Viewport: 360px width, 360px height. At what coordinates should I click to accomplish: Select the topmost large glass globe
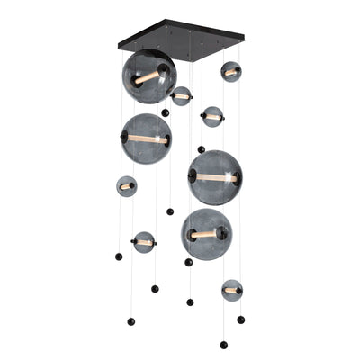tap(148, 76)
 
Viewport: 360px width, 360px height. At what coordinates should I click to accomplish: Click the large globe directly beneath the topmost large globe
tap(146, 139)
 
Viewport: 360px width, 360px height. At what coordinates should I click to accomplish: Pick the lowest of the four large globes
tap(206, 234)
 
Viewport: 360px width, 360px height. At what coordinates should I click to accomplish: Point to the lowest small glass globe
tap(231, 290)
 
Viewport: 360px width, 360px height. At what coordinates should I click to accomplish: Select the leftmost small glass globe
tap(126, 186)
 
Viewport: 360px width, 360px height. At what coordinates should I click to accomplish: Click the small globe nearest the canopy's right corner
tap(231, 71)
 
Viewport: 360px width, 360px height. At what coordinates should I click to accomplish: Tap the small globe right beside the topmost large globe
tap(182, 95)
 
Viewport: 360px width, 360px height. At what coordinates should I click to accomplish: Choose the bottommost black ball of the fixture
tap(223, 345)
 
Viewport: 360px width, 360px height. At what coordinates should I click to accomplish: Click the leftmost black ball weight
tap(119, 256)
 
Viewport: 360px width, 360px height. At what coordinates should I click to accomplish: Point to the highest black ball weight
tap(165, 112)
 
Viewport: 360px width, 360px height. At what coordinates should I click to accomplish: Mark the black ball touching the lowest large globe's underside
tap(188, 262)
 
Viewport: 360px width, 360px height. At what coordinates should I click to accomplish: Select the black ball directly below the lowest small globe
tap(240, 319)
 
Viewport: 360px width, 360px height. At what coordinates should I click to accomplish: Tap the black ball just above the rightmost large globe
tap(201, 149)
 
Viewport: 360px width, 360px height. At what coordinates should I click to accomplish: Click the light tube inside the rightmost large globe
tap(214, 177)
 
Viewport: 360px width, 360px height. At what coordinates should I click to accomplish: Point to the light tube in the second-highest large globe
tap(146, 139)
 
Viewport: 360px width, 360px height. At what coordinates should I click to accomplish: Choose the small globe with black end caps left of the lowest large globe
tap(144, 241)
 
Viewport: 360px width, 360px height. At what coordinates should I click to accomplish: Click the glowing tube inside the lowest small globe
tap(231, 290)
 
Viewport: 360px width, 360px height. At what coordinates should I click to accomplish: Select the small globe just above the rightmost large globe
tap(212, 116)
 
